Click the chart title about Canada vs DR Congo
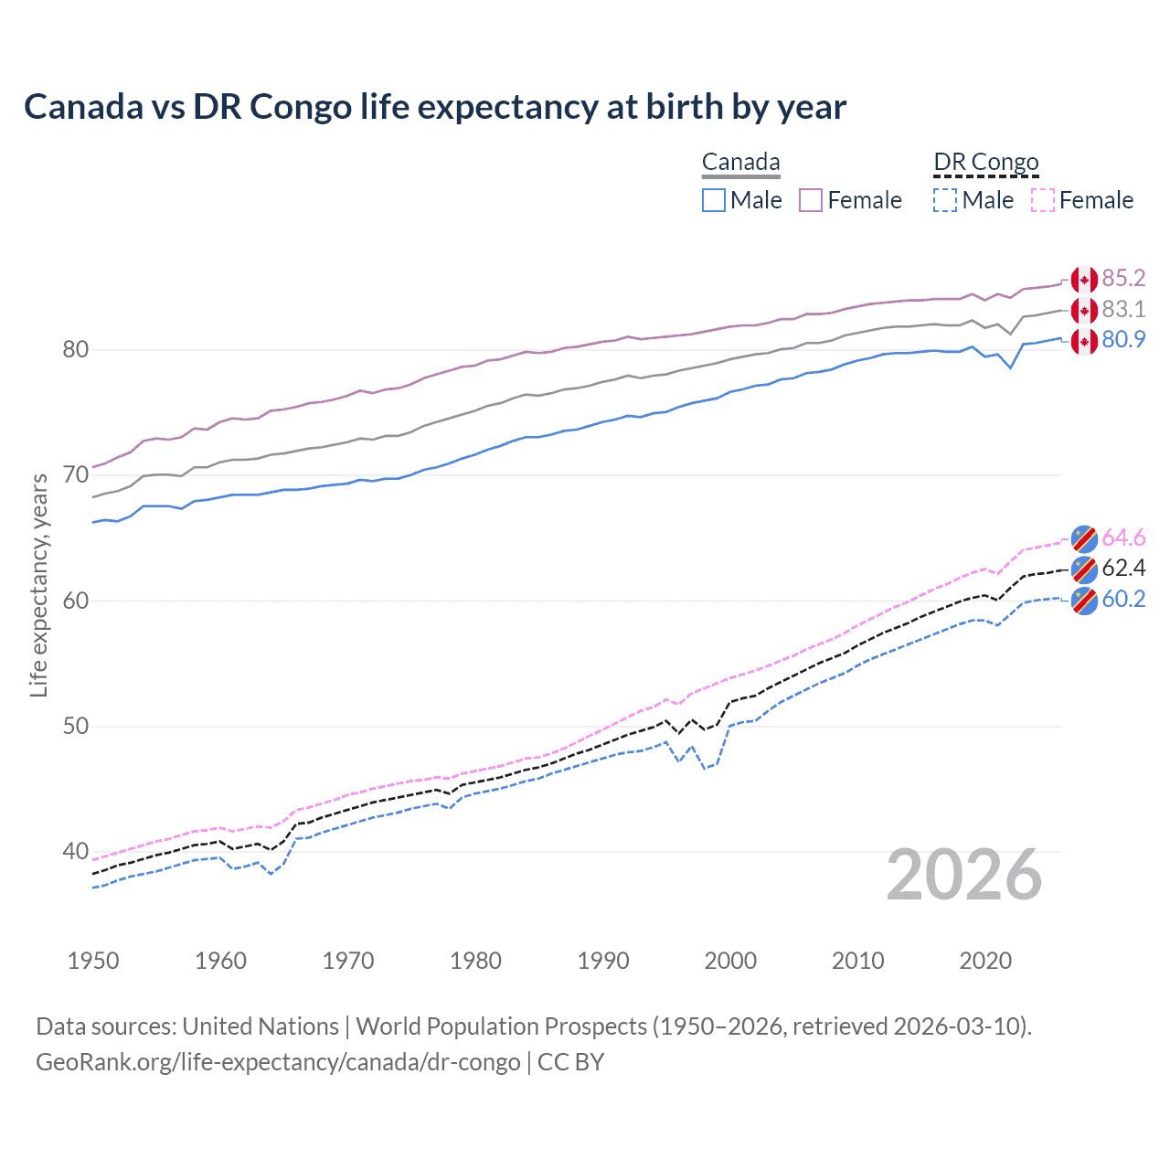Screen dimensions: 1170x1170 point(435,107)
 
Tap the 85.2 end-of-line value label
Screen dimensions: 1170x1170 point(1123,278)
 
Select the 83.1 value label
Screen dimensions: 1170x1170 point(1123,309)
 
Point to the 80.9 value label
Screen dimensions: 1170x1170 point(1123,339)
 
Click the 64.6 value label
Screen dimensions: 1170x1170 point(1123,537)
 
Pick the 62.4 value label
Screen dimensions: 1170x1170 point(1123,568)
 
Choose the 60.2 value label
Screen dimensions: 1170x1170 point(1123,599)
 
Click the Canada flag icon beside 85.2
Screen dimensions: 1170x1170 point(1084,280)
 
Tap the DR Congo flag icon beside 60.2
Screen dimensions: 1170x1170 point(1084,601)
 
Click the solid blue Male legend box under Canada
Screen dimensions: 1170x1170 point(714,200)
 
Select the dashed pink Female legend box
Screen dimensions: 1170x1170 point(1043,200)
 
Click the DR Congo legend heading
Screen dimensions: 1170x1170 point(986,163)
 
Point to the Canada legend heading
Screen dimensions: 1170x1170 point(740,163)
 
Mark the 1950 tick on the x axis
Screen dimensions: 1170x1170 point(93,961)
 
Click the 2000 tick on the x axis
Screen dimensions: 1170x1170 point(730,961)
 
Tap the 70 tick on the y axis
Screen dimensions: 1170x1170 point(76,475)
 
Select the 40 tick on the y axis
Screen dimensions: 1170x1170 point(76,852)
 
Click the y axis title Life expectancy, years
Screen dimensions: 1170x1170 point(38,585)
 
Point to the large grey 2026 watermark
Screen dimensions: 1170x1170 point(964,875)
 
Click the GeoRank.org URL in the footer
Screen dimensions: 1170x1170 point(278,1062)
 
